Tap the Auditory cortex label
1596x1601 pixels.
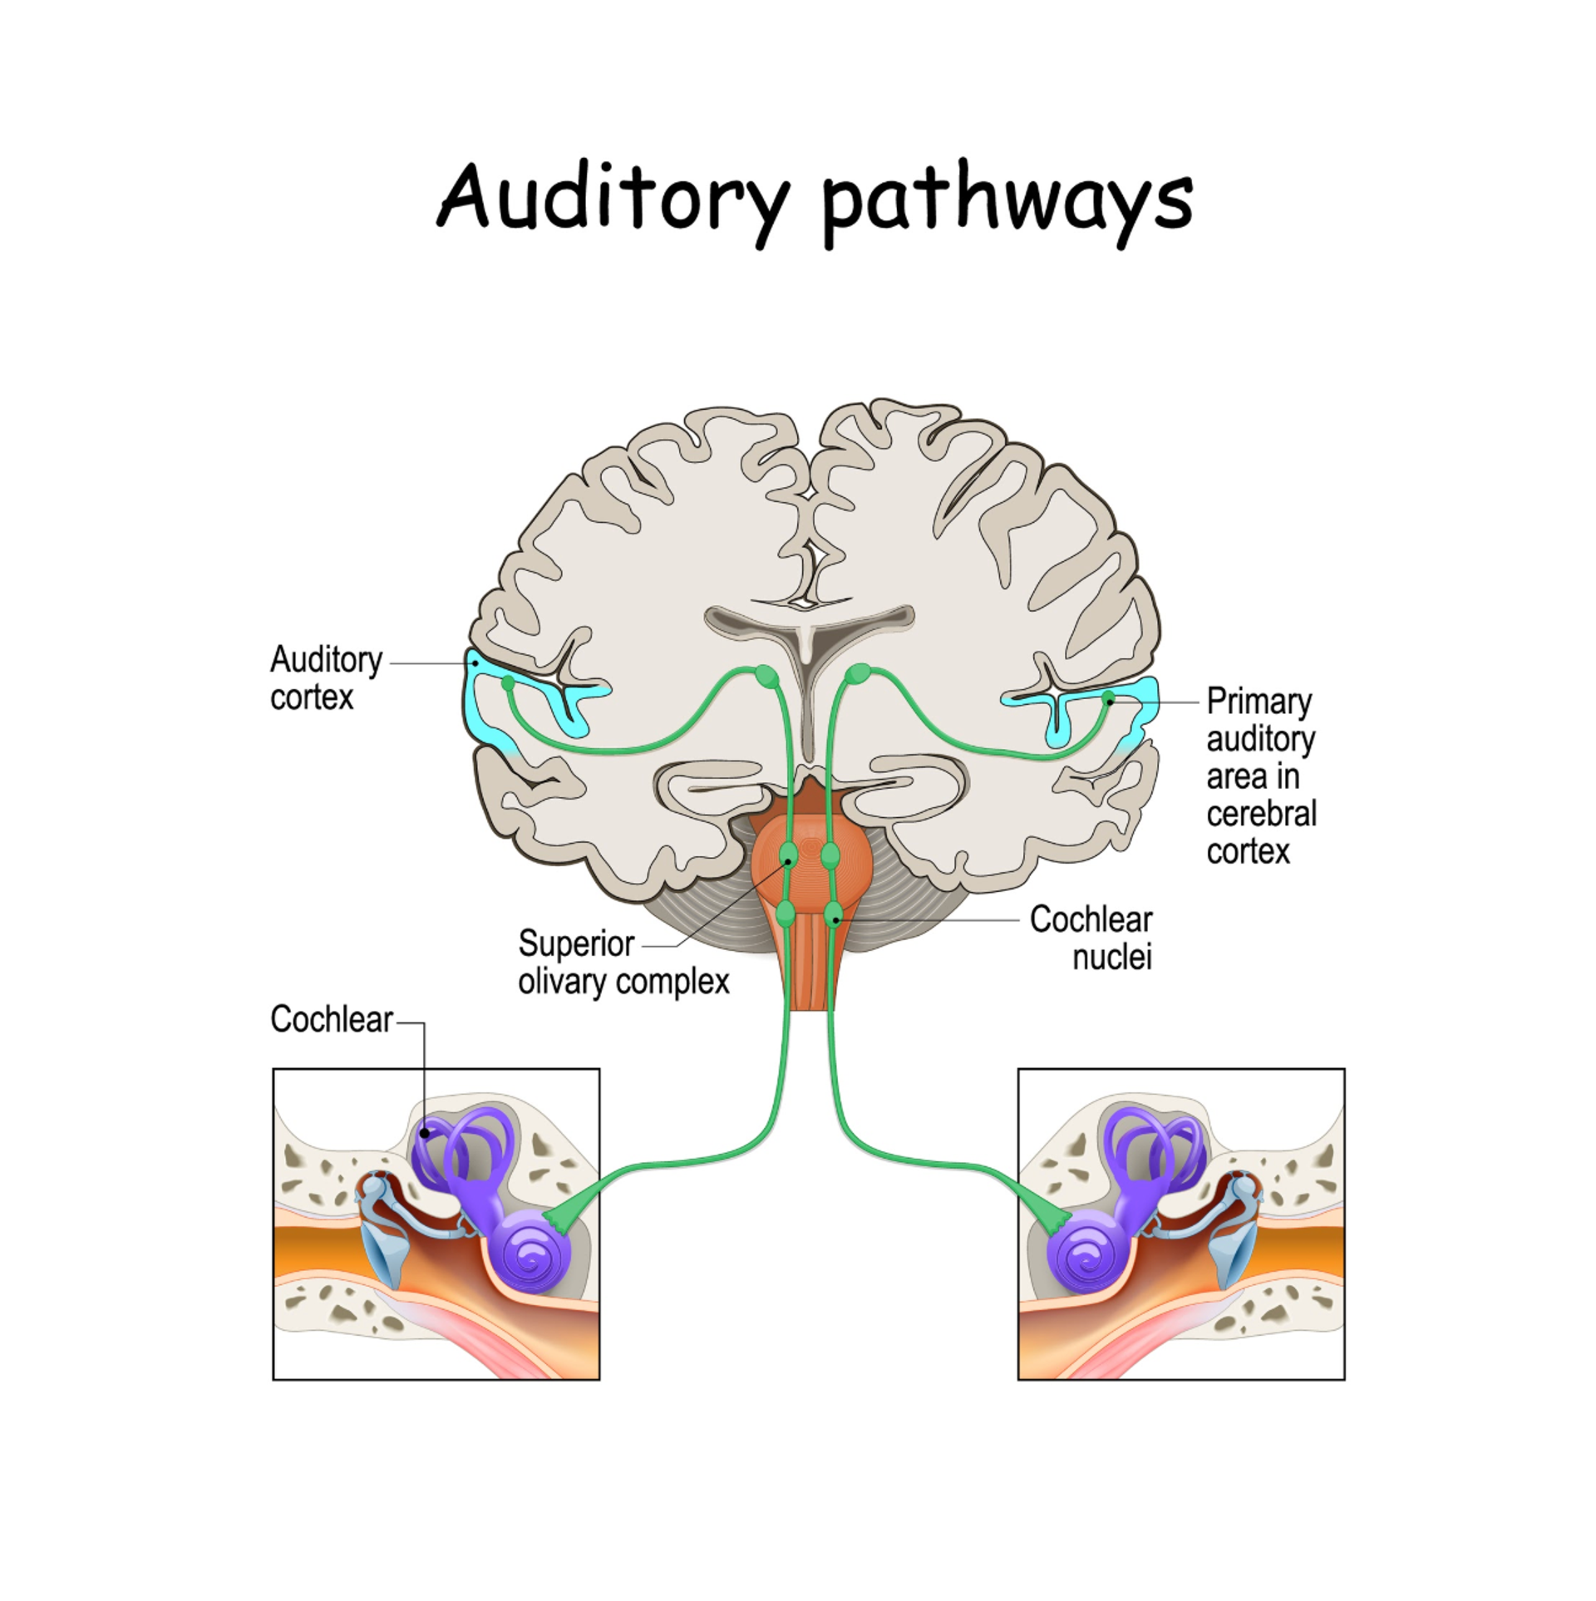[x=325, y=677]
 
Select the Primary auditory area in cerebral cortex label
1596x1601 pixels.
[x=1260, y=776]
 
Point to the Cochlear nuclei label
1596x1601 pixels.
[x=1091, y=938]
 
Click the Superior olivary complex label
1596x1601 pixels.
[x=623, y=963]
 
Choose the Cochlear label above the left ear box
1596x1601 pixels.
[x=331, y=1019]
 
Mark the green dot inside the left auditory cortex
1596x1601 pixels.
[x=508, y=683]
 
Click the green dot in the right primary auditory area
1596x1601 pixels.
[x=1107, y=697]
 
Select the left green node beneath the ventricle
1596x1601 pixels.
[x=766, y=675]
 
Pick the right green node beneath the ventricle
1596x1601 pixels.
[x=859, y=673]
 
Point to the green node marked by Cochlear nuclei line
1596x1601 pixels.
[x=834, y=915]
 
